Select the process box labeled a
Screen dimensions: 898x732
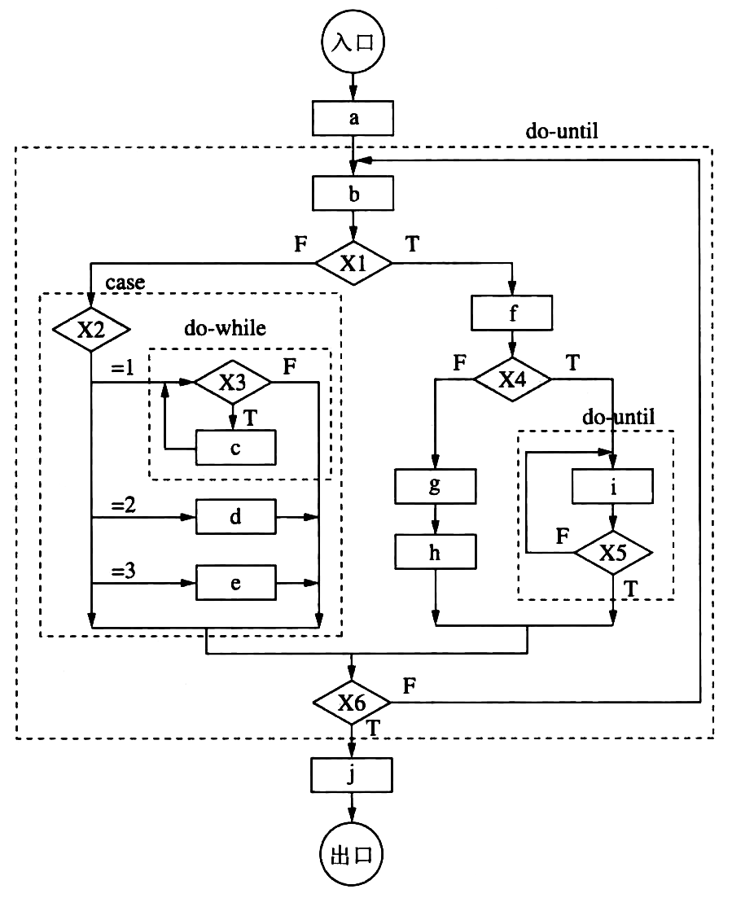click(353, 118)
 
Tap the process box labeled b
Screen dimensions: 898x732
click(353, 194)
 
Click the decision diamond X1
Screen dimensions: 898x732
click(353, 263)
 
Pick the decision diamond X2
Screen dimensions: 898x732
click(91, 330)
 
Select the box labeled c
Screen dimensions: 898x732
click(235, 447)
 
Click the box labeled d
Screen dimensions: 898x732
click(235, 516)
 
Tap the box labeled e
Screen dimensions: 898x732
click(235, 584)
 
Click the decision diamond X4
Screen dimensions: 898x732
click(513, 379)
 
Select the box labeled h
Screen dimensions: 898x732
click(436, 554)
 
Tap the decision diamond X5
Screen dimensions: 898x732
click(613, 553)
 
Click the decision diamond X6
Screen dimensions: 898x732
click(353, 701)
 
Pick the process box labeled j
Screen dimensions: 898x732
click(353, 775)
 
